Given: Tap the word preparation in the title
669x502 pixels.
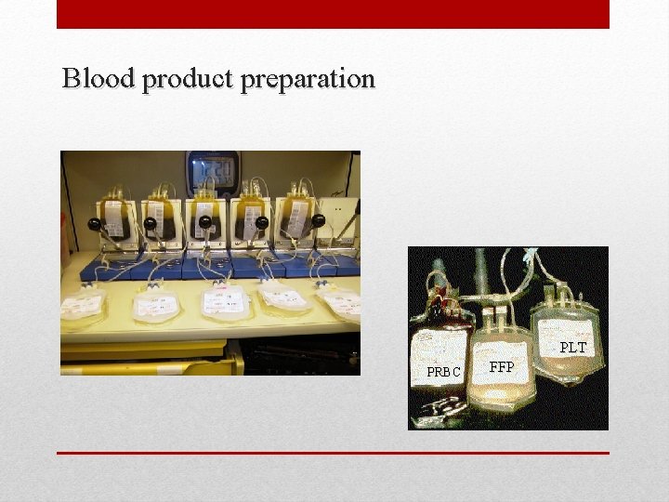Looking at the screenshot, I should (308, 80).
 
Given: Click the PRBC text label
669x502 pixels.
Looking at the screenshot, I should (443, 372).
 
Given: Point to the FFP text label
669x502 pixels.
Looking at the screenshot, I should (502, 367).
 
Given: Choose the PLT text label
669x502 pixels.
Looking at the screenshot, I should (573, 348).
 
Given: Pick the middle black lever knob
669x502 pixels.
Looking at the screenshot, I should (205, 222).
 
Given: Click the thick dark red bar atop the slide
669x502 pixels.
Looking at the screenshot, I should (333, 14).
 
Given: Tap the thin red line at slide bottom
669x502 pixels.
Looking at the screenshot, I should (333, 453).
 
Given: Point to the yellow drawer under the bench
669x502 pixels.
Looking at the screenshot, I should (149, 355).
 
